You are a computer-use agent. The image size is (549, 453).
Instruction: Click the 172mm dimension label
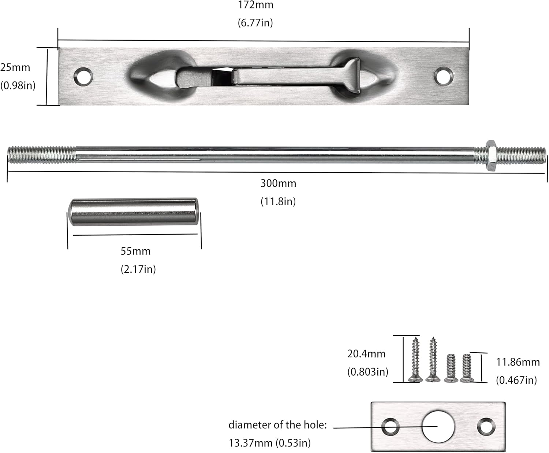point(255,5)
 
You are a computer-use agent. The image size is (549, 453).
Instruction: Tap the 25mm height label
point(15,67)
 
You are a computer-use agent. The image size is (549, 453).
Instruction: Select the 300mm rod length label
point(278,183)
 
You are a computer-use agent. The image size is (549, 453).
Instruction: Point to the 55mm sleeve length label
point(135,251)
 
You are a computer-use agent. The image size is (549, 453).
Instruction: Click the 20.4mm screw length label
point(366,354)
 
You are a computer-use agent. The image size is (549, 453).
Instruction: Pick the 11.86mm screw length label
point(518,362)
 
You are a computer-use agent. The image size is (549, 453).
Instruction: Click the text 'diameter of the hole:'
point(277,425)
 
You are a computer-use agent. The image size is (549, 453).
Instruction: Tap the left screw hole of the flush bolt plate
point(83,76)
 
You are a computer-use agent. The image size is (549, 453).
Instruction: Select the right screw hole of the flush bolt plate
point(444,76)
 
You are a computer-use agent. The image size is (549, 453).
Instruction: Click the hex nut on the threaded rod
point(490,155)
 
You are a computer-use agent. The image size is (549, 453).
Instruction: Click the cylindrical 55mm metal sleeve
point(134,212)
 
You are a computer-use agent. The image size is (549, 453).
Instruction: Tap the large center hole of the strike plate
point(438,426)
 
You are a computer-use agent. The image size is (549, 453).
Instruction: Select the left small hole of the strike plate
point(390,427)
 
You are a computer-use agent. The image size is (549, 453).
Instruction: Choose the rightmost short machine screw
point(466,368)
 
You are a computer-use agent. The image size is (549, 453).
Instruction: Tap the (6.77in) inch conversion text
point(255,23)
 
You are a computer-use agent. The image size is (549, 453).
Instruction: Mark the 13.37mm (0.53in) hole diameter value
point(270,443)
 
